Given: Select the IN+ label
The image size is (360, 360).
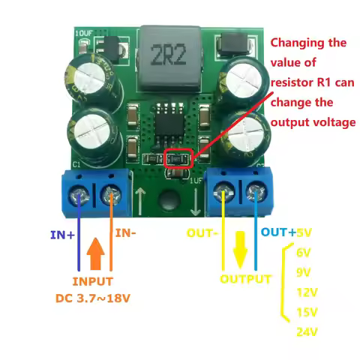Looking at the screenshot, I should (62, 235).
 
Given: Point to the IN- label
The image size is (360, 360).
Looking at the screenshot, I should (125, 234).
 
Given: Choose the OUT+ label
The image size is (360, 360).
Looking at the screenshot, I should (277, 233).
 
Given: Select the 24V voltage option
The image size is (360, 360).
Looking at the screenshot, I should (306, 332).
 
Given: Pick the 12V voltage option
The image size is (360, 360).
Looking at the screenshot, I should (306, 292).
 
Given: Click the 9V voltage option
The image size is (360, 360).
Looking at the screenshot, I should (304, 271).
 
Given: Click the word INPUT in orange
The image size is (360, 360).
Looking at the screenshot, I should (93, 282).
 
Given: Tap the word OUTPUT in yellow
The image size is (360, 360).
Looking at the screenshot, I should (245, 279).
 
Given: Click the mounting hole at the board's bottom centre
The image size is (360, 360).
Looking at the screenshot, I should (169, 200).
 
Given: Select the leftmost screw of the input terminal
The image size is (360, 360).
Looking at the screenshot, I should (79, 196).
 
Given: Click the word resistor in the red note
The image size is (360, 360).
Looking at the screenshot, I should (293, 80).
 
